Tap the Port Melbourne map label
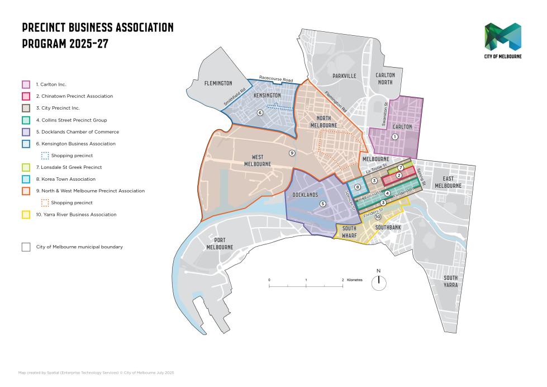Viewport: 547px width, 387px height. click(x=220, y=243)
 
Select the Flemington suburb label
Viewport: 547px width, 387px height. click(x=218, y=83)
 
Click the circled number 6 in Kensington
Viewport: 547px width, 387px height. click(x=260, y=112)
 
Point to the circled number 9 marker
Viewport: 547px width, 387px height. click(x=291, y=153)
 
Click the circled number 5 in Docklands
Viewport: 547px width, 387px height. click(x=322, y=204)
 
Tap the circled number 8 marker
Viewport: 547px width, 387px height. click(x=358, y=187)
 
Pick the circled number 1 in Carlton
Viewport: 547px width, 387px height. click(x=395, y=136)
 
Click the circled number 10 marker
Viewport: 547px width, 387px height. click(x=378, y=217)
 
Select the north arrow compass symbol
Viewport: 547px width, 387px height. click(x=379, y=282)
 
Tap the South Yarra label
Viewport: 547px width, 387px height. click(x=450, y=281)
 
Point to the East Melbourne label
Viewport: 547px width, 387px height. click(x=448, y=182)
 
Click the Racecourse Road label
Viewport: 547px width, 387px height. click(x=276, y=80)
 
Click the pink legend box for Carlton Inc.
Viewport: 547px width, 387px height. click(x=26, y=84)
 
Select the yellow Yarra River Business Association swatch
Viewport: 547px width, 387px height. click(x=26, y=215)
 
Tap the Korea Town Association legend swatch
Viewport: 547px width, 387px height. click(x=26, y=180)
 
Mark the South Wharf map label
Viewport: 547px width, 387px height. click(x=349, y=232)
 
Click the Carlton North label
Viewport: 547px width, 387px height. click(x=385, y=78)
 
